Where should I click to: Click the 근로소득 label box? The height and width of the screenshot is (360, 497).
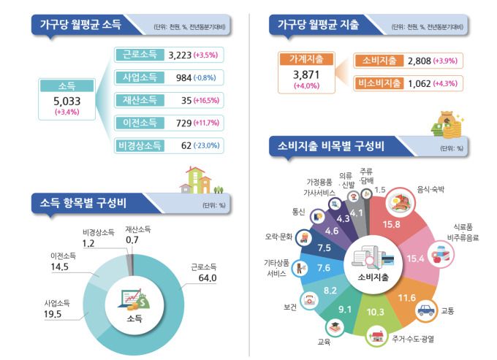pos(138,54)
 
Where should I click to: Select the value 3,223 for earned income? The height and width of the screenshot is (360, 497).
pos(181,55)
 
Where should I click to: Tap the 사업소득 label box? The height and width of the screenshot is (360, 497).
pos(138,77)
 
